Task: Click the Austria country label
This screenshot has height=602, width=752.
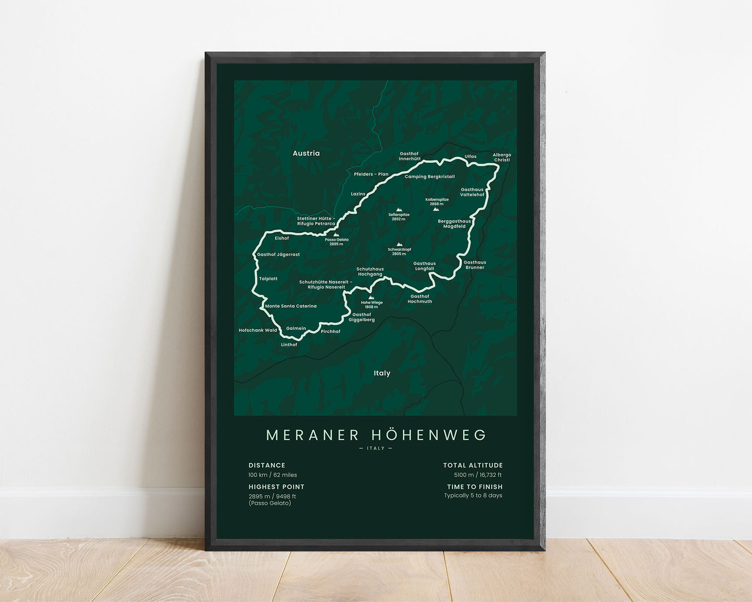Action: pyautogui.click(x=306, y=153)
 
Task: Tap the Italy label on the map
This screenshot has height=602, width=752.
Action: pyautogui.click(x=382, y=373)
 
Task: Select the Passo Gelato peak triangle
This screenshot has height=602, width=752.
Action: pyautogui.click(x=336, y=235)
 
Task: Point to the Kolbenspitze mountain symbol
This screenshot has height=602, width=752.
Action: pyautogui.click(x=436, y=209)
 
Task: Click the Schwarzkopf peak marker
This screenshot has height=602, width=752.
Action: pyautogui.click(x=399, y=244)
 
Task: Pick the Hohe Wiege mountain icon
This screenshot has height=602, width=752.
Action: pyautogui.click(x=371, y=298)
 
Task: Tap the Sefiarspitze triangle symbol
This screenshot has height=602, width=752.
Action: pyautogui.click(x=399, y=209)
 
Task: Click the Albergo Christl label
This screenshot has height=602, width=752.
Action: pyautogui.click(x=502, y=157)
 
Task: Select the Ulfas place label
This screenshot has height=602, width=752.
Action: pyautogui.click(x=470, y=156)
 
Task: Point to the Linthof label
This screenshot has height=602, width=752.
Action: pyautogui.click(x=289, y=345)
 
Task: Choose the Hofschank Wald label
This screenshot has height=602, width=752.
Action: pyautogui.click(x=258, y=330)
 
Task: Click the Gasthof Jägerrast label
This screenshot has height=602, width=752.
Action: pyautogui.click(x=278, y=255)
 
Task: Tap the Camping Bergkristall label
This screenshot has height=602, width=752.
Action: pyautogui.click(x=430, y=177)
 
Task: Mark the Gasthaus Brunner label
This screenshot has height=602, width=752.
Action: pyautogui.click(x=475, y=265)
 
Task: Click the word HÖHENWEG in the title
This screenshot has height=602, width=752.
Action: pyautogui.click(x=429, y=435)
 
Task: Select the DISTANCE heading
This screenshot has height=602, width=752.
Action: pyautogui.click(x=267, y=465)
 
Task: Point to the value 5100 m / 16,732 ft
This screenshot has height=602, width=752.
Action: pyautogui.click(x=478, y=475)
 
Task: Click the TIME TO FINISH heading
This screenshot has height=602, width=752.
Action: pyautogui.click(x=475, y=487)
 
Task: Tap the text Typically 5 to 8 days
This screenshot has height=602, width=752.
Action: pyautogui.click(x=473, y=495)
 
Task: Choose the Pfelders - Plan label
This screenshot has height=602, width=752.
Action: pyautogui.click(x=371, y=174)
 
